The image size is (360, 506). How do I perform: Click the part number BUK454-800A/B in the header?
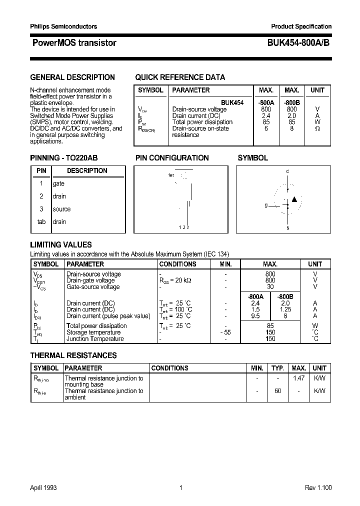click(294, 43)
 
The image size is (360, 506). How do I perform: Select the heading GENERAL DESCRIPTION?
click(72, 77)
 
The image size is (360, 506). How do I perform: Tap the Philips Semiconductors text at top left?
click(63, 26)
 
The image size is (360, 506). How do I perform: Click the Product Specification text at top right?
click(301, 26)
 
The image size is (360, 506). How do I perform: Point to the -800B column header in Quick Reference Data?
click(291, 102)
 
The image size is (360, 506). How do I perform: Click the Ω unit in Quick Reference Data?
click(317, 128)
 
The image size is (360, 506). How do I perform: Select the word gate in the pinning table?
click(58, 183)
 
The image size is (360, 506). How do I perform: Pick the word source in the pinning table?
click(61, 209)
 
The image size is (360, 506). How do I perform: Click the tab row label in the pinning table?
click(41, 221)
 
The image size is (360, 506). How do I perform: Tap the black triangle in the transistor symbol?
click(294, 199)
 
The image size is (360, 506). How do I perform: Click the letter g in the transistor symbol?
click(266, 205)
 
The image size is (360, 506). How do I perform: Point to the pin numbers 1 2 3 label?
click(184, 227)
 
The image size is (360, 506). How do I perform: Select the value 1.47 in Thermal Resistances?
click(298, 378)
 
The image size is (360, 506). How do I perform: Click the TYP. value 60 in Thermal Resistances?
click(277, 391)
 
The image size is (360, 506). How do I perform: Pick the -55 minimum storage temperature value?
click(225, 332)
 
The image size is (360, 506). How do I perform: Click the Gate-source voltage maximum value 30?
click(270, 287)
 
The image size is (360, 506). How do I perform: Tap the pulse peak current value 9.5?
click(255, 316)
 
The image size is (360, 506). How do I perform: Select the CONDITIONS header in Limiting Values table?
click(177, 264)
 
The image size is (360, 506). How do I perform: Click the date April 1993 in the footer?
click(44, 487)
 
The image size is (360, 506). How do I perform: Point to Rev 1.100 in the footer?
click(318, 487)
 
